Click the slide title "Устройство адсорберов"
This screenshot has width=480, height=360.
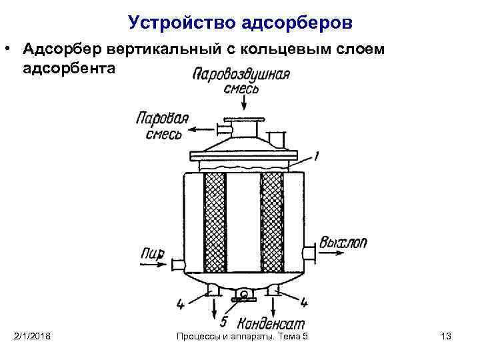coord(240,23)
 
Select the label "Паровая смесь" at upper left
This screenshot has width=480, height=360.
coord(161,126)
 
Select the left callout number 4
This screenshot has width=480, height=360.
coord(180,304)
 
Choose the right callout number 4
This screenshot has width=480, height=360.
coord(304,303)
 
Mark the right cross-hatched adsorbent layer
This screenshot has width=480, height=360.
coord(271,223)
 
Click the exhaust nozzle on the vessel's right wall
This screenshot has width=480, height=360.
coord(308,254)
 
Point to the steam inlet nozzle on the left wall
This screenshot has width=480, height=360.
coord(177,265)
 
